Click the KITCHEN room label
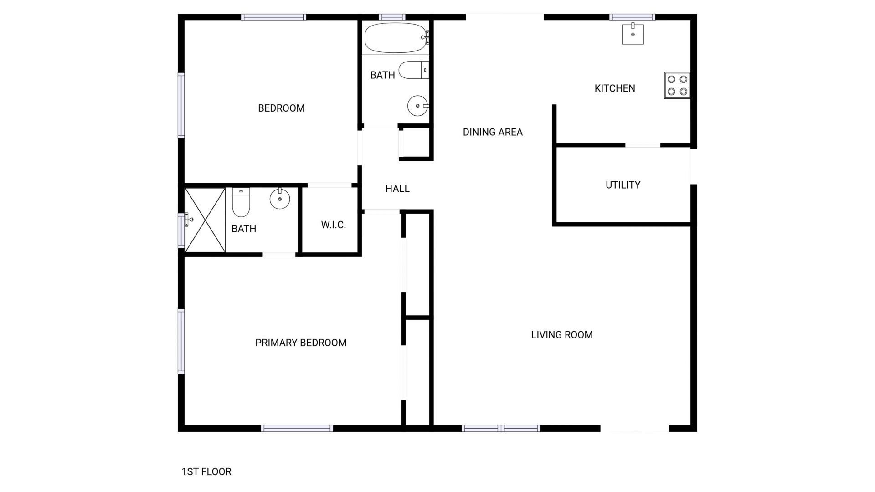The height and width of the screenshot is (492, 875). pyautogui.click(x=614, y=88)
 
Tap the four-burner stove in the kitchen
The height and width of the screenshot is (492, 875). pyautogui.click(x=677, y=85)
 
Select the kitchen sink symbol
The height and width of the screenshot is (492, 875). pyautogui.click(x=633, y=34)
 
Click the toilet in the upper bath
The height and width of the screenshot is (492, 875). pyautogui.click(x=413, y=70)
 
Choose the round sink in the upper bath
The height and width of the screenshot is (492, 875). pyautogui.click(x=417, y=106)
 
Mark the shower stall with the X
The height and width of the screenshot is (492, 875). pyautogui.click(x=205, y=220)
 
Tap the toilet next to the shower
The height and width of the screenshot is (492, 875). pyautogui.click(x=241, y=202)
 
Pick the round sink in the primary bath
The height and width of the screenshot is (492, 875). pyautogui.click(x=279, y=199)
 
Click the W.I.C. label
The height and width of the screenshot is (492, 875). pyautogui.click(x=333, y=225)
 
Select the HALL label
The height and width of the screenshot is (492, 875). pyautogui.click(x=397, y=189)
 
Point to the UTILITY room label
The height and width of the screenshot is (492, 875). pyautogui.click(x=623, y=185)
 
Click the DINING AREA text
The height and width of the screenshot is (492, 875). pyautogui.click(x=492, y=132)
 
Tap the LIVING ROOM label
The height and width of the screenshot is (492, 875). pyautogui.click(x=561, y=335)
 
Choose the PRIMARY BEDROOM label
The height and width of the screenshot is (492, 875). pyautogui.click(x=300, y=343)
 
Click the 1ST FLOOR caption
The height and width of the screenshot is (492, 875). pyautogui.click(x=206, y=472)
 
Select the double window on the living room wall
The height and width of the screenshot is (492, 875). pyautogui.click(x=501, y=428)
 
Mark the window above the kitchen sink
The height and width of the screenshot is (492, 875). pyautogui.click(x=632, y=17)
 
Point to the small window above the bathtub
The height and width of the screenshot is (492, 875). pyautogui.click(x=392, y=17)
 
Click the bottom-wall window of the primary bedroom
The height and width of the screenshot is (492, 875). pyautogui.click(x=297, y=428)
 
